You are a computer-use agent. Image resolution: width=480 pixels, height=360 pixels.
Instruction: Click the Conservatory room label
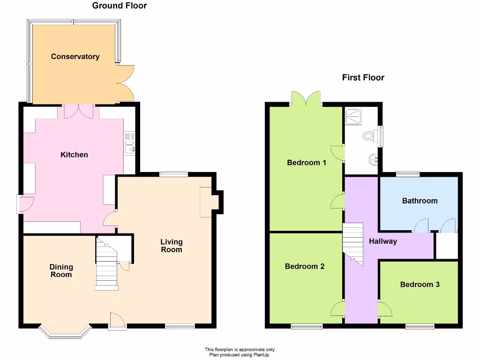point(75,57)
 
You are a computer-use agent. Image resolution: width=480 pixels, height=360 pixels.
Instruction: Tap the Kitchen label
point(74,155)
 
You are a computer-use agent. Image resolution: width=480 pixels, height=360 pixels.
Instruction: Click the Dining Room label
point(61,270)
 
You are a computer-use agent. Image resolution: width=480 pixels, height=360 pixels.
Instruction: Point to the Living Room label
point(172,246)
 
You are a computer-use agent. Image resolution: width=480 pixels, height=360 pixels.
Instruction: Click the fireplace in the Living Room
point(206,202)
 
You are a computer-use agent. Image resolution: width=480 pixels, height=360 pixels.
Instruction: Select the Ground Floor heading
point(120,6)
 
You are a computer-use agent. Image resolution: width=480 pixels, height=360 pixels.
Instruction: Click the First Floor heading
point(363,78)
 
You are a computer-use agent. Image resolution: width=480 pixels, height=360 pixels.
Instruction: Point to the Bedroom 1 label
point(307,163)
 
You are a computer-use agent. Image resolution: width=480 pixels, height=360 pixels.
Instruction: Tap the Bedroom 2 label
point(305,266)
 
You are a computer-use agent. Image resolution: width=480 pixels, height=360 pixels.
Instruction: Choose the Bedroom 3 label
point(420,284)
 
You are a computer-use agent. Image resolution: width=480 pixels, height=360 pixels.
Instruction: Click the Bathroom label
point(420,201)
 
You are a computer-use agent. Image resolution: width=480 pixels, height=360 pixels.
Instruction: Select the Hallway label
point(383,241)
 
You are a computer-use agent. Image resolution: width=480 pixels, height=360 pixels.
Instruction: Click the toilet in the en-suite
point(369,136)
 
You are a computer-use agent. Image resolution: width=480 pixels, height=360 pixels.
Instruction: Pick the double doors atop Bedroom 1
point(306,99)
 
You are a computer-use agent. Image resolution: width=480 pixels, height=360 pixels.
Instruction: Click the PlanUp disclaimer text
point(240,352)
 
